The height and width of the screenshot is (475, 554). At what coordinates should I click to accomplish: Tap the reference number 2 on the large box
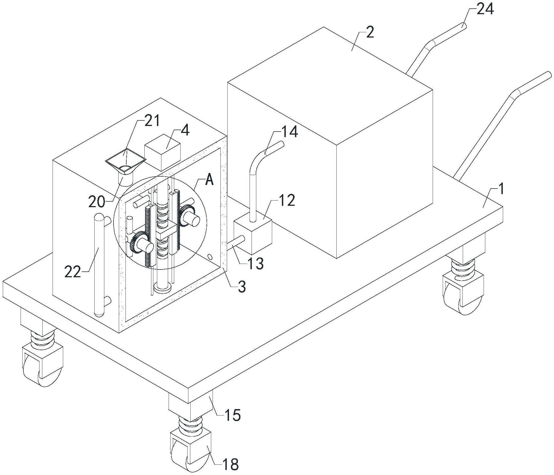click(x=370, y=33)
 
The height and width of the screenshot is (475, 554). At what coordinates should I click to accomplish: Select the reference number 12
click(x=287, y=200)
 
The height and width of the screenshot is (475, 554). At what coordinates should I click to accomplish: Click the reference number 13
click(x=255, y=263)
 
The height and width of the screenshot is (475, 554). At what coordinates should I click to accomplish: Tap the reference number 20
click(x=97, y=202)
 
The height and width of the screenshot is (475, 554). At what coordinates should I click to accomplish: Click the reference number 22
click(x=73, y=272)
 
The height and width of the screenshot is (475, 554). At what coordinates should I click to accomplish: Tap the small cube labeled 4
click(x=162, y=152)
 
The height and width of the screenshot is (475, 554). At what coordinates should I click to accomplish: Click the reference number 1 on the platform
click(x=501, y=190)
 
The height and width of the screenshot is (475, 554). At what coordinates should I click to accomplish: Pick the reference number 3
click(x=242, y=287)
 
